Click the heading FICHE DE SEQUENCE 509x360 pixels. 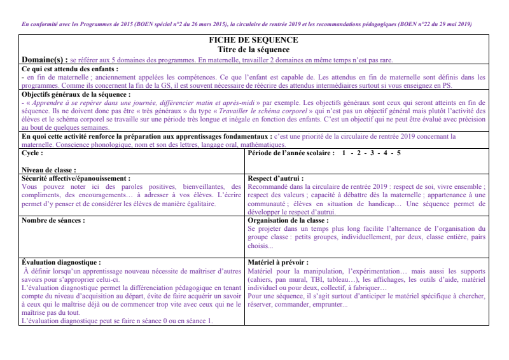[x=253, y=40]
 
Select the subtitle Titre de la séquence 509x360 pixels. [x=253, y=49]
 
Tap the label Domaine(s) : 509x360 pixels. [x=44, y=60]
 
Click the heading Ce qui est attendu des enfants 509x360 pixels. [x=69, y=69]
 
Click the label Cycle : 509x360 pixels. [x=32, y=153]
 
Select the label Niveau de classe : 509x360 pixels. [x=49, y=170]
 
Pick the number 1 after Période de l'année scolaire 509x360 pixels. [x=344, y=153]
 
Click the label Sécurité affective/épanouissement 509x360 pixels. [x=76, y=179]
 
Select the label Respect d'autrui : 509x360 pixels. [x=275, y=179]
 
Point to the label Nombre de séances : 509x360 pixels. [x=53, y=220]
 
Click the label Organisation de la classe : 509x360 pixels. [x=288, y=220]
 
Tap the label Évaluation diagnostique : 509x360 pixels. [x=61, y=261]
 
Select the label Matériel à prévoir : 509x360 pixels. [x=277, y=261]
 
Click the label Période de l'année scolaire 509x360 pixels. [x=290, y=153]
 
